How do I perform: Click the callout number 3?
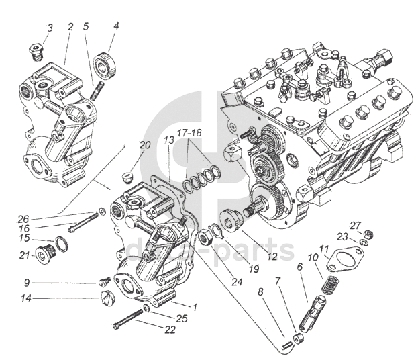click(50, 28)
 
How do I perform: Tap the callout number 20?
click(145, 146)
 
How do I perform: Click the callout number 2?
click(70, 26)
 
